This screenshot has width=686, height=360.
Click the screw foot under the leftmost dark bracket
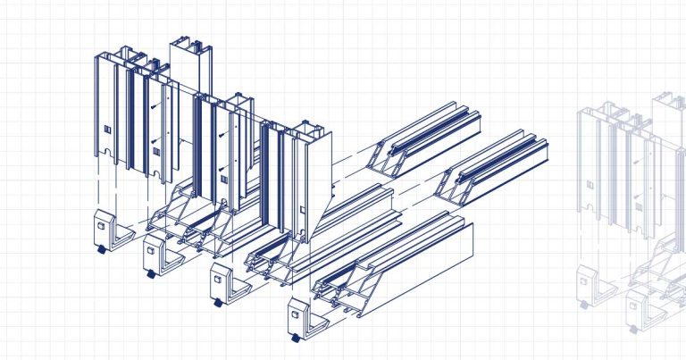pyautogui.click(x=99, y=249)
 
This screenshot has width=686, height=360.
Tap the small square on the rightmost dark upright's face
pyautogui.click(x=305, y=211)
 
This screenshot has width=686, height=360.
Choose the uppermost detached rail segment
pyautogui.click(x=427, y=134)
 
